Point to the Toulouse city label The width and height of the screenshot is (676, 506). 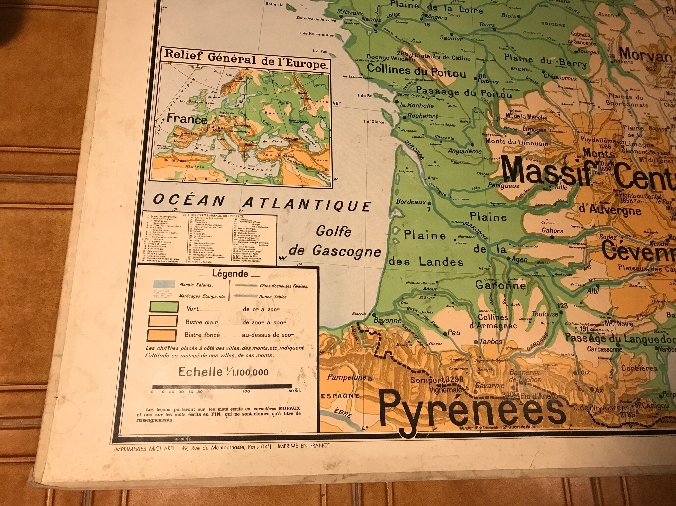pos(545,314)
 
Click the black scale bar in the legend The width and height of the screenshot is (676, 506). pos(222,386)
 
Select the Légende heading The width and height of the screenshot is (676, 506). pos(230,273)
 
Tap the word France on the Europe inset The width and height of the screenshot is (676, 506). pos(187,119)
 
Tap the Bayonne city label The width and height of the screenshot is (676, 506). pos(387,321)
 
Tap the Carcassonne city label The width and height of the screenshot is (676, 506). pos(605,349)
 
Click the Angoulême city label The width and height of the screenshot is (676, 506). pos(464,151)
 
